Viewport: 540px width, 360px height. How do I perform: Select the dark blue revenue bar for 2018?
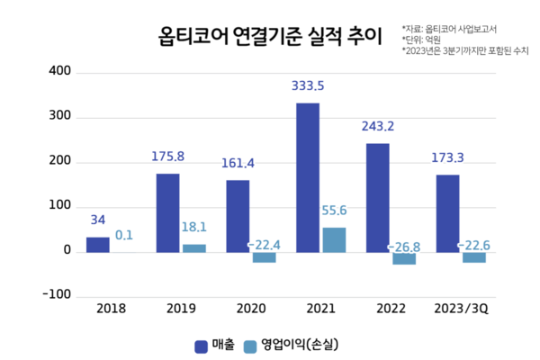[97, 245]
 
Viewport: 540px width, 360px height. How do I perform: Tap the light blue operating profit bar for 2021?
[334, 239]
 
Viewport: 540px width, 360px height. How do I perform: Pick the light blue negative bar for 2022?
[404, 257]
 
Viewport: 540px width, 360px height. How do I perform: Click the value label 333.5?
[308, 86]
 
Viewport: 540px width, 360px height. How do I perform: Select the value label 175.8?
[167, 157]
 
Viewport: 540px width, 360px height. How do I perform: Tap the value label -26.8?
[405, 247]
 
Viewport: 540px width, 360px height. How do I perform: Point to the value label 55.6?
[335, 211]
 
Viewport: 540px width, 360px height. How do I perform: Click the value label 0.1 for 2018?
[124, 236]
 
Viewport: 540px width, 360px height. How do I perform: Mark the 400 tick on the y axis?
[58, 70]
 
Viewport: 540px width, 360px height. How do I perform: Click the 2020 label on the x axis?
[251, 309]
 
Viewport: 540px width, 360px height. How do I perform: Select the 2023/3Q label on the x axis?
[460, 309]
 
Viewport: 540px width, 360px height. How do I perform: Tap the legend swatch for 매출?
[201, 345]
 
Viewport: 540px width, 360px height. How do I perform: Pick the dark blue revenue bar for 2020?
[238, 216]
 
